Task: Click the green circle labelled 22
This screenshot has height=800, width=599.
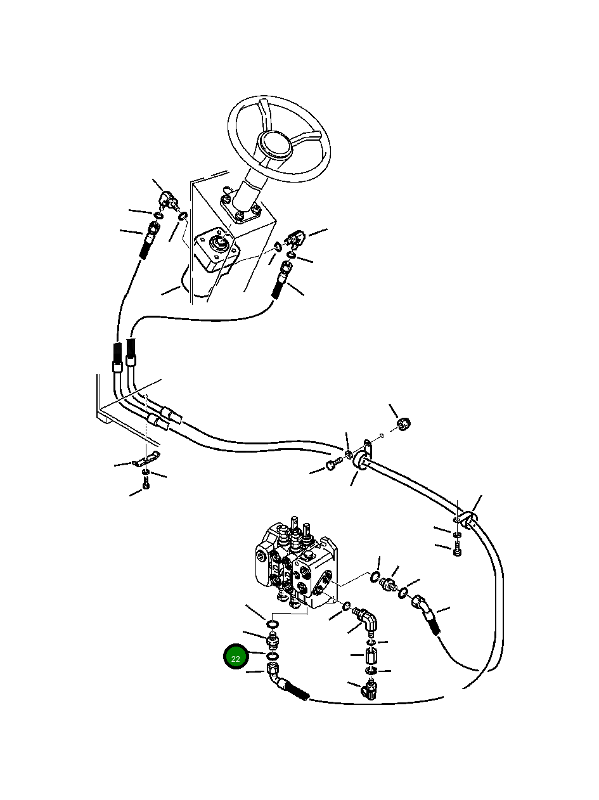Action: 236,658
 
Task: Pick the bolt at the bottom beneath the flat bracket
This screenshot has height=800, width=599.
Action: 146,485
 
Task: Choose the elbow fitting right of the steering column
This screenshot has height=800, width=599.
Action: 295,239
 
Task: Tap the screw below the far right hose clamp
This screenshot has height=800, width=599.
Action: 457,551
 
